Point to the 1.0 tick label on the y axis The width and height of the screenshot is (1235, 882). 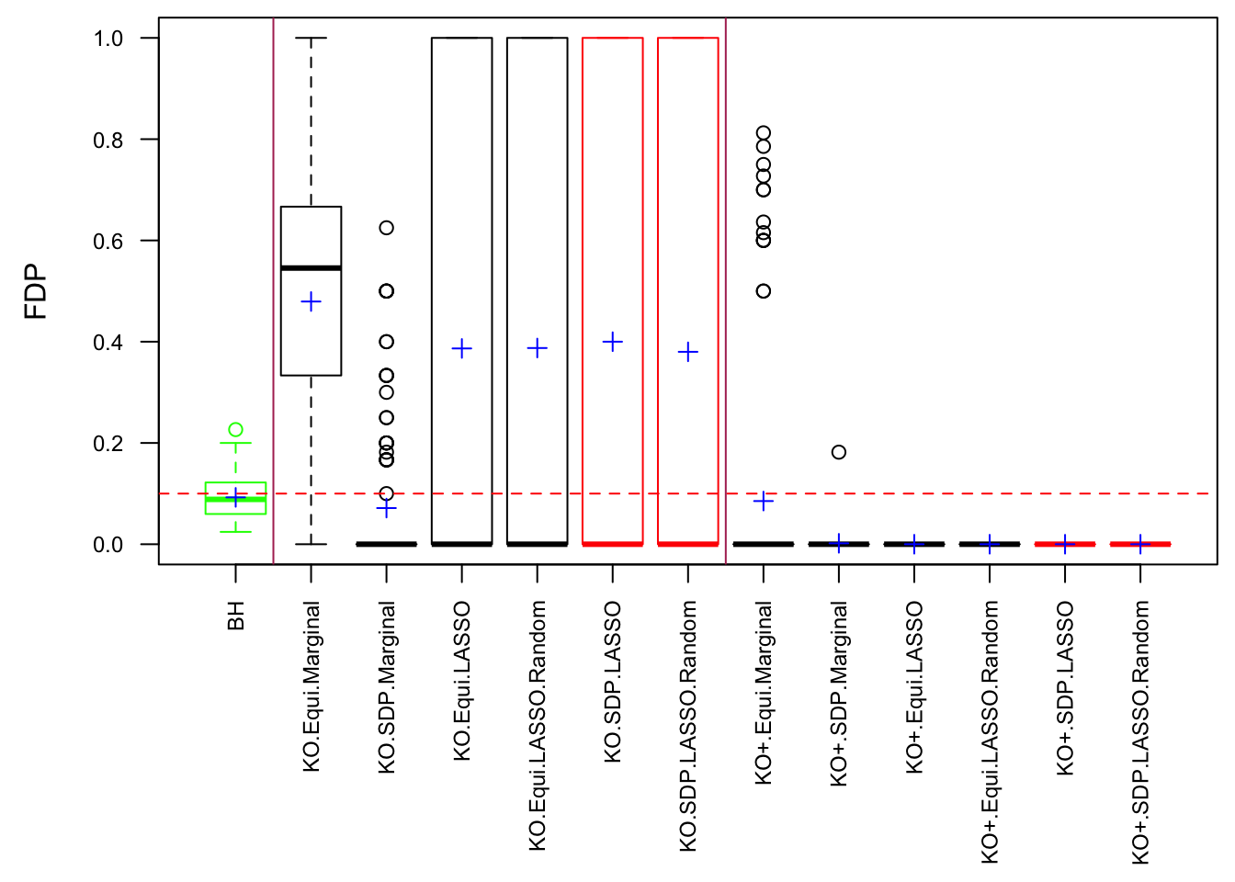point(108,39)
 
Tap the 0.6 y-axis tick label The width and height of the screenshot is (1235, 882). point(108,241)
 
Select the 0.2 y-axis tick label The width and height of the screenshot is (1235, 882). point(108,443)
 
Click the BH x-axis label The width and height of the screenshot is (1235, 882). point(236,616)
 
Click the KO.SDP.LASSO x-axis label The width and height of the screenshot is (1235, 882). point(613,682)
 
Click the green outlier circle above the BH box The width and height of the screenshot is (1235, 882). point(236,430)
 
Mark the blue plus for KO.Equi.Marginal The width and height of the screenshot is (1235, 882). point(312,302)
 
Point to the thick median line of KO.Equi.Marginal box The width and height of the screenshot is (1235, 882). point(312,268)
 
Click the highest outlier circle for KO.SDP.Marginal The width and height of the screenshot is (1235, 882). point(387,228)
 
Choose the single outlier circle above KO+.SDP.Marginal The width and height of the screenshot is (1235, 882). point(839,452)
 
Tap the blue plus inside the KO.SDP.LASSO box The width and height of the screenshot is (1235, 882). point(613,342)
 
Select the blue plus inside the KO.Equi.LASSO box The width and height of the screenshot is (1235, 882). point(462,349)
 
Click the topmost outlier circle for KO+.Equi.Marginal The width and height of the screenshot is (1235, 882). point(764,133)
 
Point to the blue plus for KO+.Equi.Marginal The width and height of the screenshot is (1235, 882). point(764,501)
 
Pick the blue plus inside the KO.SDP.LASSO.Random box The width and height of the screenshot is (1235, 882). point(688,352)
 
